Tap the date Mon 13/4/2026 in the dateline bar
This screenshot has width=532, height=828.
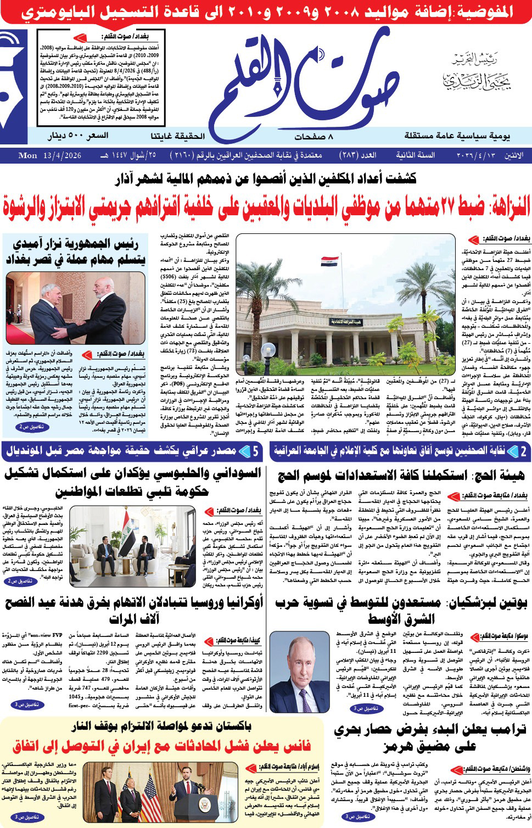pyautogui.click(x=49, y=155)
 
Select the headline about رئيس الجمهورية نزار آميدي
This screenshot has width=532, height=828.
pyautogui.click(x=74, y=252)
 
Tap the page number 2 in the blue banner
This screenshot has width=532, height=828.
pyautogui.click(x=523, y=451)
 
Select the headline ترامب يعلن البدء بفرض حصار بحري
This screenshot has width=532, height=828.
pyautogui.click(x=429, y=737)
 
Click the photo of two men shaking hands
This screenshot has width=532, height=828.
pyautogui.click(x=75, y=309)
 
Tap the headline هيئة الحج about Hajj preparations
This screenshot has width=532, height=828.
pyautogui.click(x=401, y=475)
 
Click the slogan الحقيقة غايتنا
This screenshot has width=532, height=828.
pyautogui.click(x=177, y=136)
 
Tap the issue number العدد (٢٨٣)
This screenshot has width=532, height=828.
pyautogui.click(x=360, y=155)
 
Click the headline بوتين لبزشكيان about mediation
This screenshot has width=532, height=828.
pyautogui.click(x=401, y=610)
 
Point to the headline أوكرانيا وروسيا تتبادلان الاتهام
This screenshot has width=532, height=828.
pyautogui.click(x=134, y=610)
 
